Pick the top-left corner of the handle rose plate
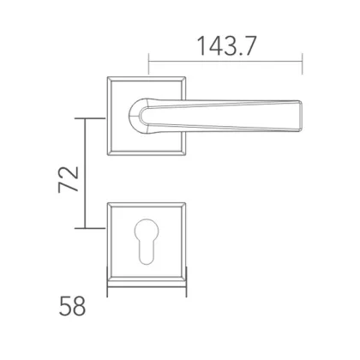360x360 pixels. coord(107,81)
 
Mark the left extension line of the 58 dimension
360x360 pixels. coord(106,283)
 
